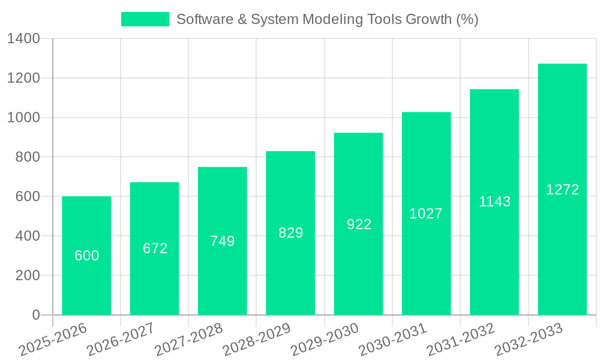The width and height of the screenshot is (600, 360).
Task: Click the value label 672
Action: click(x=155, y=248)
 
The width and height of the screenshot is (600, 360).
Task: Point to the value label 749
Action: click(x=223, y=241)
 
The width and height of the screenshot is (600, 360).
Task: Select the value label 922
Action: click(x=359, y=224)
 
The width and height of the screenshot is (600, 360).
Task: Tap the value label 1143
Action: click(x=494, y=202)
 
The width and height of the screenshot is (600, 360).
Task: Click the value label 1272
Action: click(x=562, y=190)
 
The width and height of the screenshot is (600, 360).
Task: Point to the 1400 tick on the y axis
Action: click(x=23, y=39)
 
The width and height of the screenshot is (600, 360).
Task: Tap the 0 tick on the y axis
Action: click(x=36, y=315)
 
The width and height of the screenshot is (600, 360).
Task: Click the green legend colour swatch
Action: click(x=145, y=19)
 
